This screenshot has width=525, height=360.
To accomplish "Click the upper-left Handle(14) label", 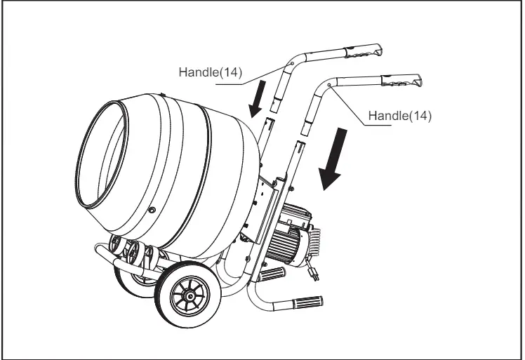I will point(210,72).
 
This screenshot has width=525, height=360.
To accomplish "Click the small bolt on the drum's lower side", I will point(152,210).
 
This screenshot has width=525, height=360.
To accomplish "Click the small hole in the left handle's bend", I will point(289,64).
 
